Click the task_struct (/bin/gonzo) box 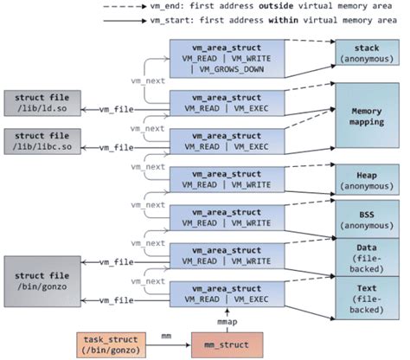click(x=112, y=344)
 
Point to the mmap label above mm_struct click(x=226, y=321)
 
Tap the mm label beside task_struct click(x=164, y=331)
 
